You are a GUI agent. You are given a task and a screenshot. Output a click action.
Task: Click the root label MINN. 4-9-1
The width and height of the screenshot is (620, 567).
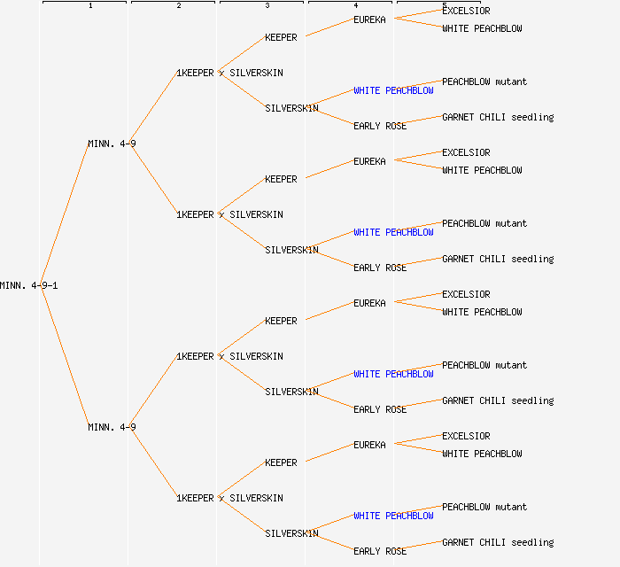pyautogui.click(x=29, y=285)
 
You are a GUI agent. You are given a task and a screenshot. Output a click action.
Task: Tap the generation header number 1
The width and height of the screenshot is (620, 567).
pyautogui.click(x=90, y=6)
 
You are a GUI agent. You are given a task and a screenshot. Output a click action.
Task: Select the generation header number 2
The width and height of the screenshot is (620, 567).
pyautogui.click(x=179, y=6)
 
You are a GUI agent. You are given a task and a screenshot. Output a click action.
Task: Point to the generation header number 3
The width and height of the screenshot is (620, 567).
pyautogui.click(x=267, y=6)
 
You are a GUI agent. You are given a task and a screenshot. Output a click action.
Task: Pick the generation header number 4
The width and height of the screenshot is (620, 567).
pyautogui.click(x=356, y=6)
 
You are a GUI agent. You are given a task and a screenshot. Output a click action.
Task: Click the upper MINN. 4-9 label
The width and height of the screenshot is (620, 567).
pyautogui.click(x=112, y=144)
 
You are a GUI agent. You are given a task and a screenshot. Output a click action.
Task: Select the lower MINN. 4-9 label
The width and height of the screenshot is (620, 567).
pyautogui.click(x=112, y=427)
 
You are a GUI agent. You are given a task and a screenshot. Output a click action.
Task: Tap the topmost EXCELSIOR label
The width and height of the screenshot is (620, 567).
pyautogui.click(x=466, y=11)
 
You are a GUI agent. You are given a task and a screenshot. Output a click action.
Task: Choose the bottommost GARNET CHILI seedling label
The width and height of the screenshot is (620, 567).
pyautogui.click(x=498, y=542)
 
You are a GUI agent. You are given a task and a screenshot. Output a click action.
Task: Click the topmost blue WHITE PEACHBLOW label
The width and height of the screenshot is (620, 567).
pyautogui.click(x=393, y=90)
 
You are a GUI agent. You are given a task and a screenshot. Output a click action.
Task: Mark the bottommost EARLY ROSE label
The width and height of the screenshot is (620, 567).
pyautogui.click(x=380, y=551)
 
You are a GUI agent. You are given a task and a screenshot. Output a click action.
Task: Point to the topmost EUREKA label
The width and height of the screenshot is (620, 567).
pyautogui.click(x=369, y=19)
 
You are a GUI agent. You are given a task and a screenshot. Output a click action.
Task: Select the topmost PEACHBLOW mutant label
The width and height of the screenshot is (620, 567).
pyautogui.click(x=484, y=82)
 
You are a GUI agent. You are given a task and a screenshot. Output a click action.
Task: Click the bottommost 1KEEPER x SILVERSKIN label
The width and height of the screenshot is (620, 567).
pyautogui.click(x=229, y=498)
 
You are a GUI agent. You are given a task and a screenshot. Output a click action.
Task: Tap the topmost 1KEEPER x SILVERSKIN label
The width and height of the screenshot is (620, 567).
pyautogui.click(x=229, y=73)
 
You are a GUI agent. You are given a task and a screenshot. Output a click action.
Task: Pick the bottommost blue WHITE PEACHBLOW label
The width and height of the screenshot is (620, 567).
pyautogui.click(x=393, y=516)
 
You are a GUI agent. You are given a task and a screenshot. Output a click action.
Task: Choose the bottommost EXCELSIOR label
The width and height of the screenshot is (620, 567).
pyautogui.click(x=466, y=436)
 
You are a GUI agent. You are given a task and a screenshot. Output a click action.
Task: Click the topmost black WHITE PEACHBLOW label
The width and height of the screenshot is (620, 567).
pyautogui.click(x=482, y=28)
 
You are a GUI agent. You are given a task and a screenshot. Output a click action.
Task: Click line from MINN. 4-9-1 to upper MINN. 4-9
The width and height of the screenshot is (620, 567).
pyautogui.click(x=64, y=214)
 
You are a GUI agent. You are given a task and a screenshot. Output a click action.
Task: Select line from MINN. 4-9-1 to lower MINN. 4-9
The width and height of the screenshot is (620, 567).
pyautogui.click(x=64, y=356)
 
